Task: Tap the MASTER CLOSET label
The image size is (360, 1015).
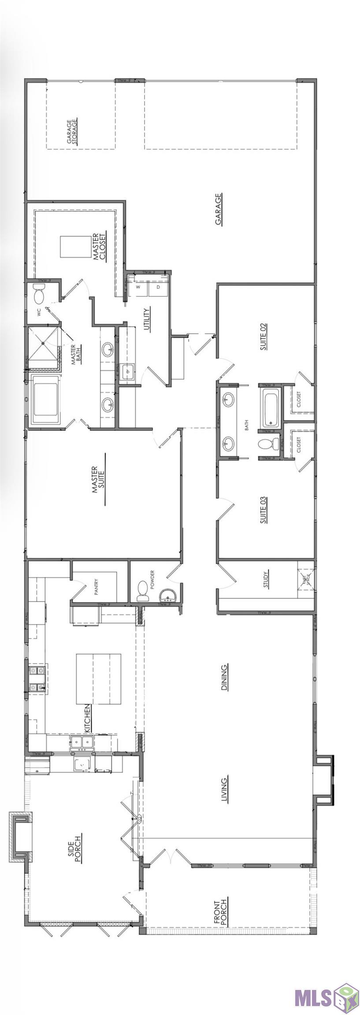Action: click(x=97, y=248)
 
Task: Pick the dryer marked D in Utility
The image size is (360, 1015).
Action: click(x=158, y=287)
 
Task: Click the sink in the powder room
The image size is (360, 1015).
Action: click(x=169, y=596)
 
